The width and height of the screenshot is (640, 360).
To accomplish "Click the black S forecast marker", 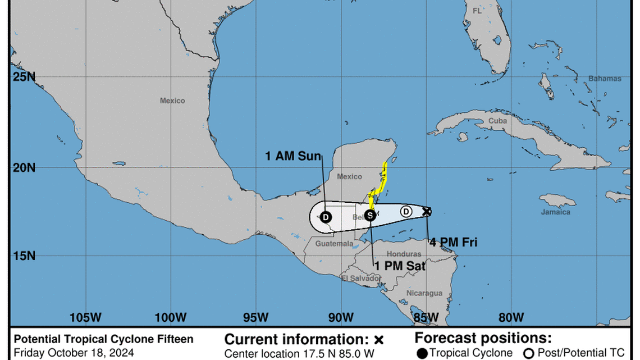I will pos(370,215).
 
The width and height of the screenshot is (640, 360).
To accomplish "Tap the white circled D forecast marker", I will pos(406,211).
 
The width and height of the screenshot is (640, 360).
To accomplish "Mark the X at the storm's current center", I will pos(427,211).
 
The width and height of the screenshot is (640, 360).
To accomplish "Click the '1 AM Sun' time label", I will pos(293,156).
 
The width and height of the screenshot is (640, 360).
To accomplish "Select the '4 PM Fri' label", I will pos(453,243).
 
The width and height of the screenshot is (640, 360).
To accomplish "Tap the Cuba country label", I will pos(497,121).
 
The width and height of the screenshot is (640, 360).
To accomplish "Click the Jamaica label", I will pos(556,212).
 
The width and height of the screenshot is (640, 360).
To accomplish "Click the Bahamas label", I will pos(605,79).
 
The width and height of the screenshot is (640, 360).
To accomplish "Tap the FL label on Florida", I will pos(477,11).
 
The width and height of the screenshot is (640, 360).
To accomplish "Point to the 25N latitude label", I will pos(24,76).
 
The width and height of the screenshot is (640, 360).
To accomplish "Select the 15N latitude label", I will pos(24,256).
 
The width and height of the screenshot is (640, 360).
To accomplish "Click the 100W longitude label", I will pos(171,317).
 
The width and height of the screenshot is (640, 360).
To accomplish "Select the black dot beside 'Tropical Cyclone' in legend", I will pos(422,353).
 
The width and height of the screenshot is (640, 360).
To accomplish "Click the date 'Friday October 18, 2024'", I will pos(74,353).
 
